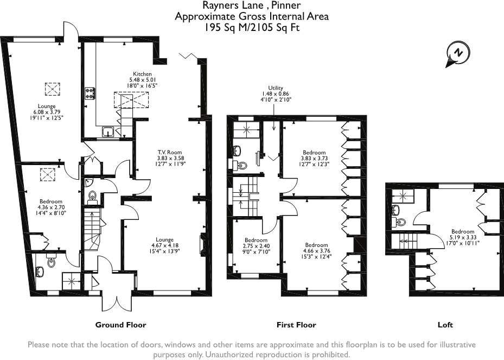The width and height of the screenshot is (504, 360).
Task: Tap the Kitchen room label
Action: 142,74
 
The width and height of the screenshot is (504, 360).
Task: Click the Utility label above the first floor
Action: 276,88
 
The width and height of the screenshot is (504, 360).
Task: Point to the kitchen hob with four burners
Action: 90,94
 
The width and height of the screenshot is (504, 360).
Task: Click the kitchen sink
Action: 107,132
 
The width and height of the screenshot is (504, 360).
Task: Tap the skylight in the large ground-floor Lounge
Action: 52,89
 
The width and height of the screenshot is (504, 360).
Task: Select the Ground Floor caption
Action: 120,325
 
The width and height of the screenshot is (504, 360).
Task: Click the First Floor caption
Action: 296,325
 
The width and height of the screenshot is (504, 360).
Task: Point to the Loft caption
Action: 445,325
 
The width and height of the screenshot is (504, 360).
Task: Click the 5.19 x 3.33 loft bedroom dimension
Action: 463,237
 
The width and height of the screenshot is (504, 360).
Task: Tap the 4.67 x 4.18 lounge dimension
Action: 164,245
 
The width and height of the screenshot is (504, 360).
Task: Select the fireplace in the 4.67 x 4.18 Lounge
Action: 203,244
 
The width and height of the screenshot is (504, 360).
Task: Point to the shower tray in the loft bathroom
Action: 403,195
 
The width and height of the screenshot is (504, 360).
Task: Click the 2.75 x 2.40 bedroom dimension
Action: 256,246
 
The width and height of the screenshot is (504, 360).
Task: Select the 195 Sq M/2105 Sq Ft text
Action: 252,28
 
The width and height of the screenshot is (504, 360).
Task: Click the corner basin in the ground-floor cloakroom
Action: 89,183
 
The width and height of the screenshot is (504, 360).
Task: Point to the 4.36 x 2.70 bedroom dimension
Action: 51,207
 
